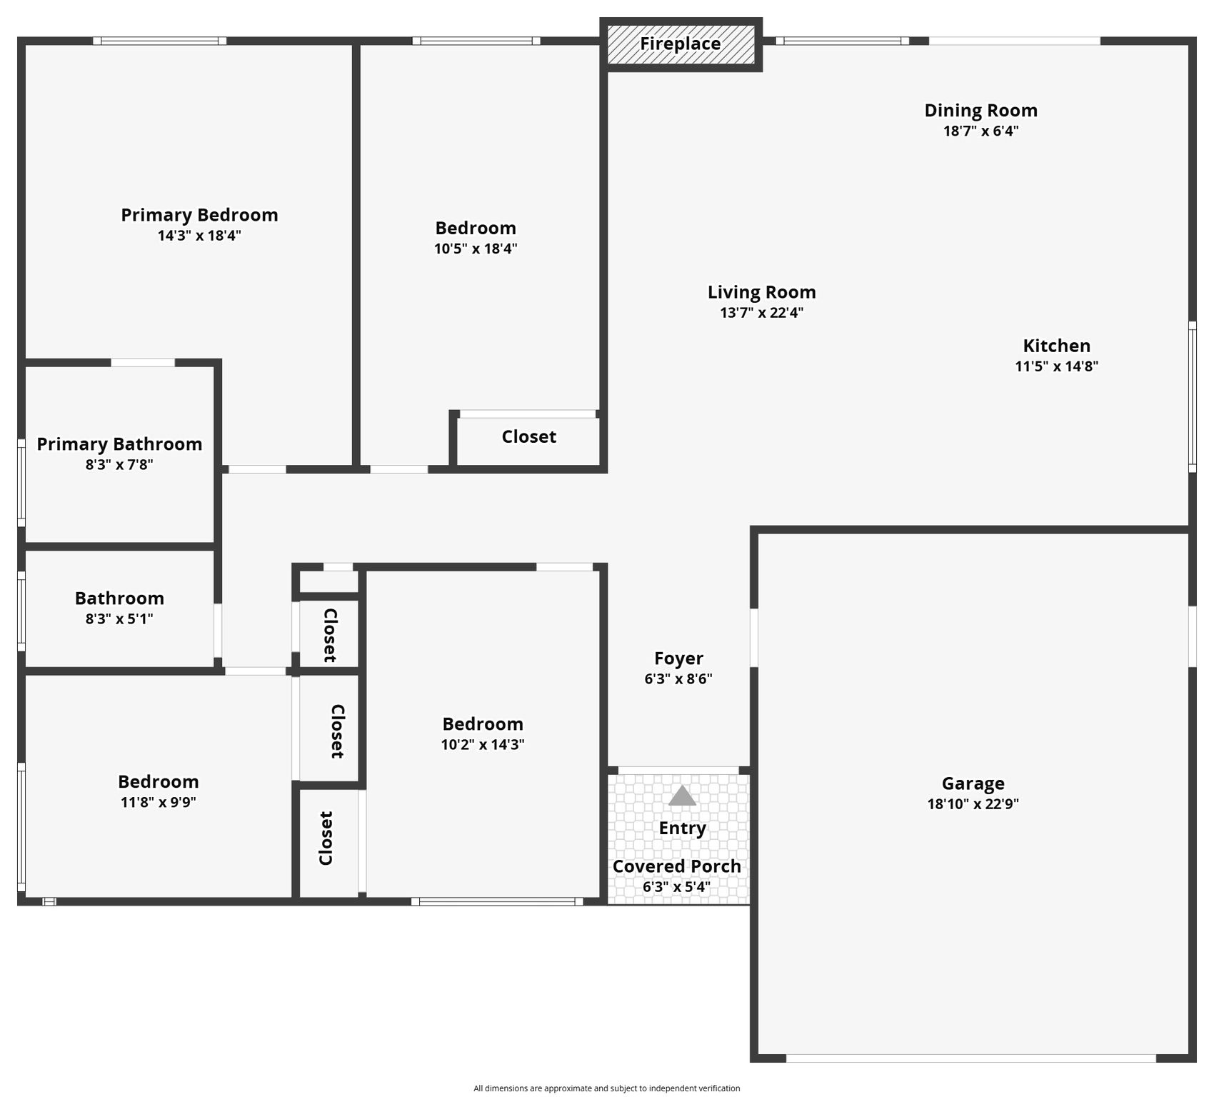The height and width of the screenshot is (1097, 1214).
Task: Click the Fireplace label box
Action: pos(681,44)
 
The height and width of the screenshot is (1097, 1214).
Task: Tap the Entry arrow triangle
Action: pos(682,796)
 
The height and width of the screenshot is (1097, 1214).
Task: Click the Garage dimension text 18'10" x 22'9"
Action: pos(973,804)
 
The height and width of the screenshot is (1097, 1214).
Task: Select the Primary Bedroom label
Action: pos(199,215)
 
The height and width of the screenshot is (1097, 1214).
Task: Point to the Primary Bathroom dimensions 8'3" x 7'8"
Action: pos(119,465)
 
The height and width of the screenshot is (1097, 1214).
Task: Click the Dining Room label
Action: pos(980,111)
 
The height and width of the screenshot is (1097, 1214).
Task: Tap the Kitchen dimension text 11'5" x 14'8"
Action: pos(1056,366)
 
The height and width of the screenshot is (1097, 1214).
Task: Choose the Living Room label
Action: pos(761,292)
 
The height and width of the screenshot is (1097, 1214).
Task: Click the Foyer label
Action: pos(678,658)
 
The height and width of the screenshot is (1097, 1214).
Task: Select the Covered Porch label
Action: pos(676,866)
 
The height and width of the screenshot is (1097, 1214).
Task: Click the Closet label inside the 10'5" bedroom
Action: pos(528,437)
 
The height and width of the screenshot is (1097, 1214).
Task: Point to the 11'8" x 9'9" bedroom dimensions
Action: pos(158,802)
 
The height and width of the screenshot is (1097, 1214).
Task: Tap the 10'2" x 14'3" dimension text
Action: pos(482,745)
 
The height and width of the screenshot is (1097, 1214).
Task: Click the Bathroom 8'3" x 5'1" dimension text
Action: pos(119,619)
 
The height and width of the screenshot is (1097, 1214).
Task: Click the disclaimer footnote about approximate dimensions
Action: pos(606,1088)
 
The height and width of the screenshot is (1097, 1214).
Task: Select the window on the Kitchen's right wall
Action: pos(1192,397)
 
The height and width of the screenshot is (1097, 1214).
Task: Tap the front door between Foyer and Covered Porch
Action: pos(678,771)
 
